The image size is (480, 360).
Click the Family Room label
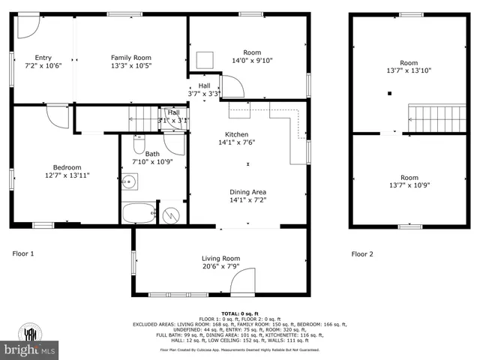pyautogui.click(x=131, y=58)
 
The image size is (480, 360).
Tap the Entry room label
pyautogui.click(x=43, y=58)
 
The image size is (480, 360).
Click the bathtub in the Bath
pyautogui.click(x=139, y=213)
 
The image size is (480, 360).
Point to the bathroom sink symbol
pyautogui.click(x=129, y=181)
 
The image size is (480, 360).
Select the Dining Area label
pyautogui.click(x=247, y=191)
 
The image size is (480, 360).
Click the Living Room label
pyautogui.click(x=220, y=258)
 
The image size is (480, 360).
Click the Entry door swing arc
pyautogui.click(x=26, y=26)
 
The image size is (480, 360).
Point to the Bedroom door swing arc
pyautogui.click(x=56, y=117)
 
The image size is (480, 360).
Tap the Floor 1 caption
pyautogui.click(x=23, y=253)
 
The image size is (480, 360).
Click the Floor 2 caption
pyautogui.click(x=363, y=253)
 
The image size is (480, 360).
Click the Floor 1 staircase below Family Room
pyautogui.click(x=141, y=117)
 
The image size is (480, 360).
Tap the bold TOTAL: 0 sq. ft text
pyautogui.click(x=240, y=313)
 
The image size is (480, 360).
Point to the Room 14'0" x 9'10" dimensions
pyautogui.click(x=236, y=61)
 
